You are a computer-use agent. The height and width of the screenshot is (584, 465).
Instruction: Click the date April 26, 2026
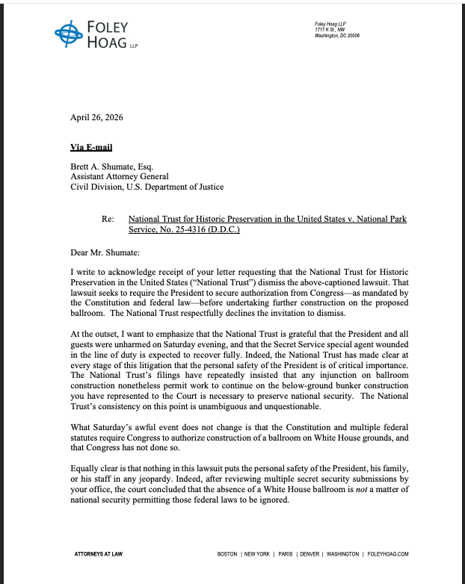[x=96, y=117]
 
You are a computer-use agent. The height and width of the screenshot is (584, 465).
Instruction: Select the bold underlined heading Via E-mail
[x=91, y=148]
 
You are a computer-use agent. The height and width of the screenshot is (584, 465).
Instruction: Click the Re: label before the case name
[x=108, y=220]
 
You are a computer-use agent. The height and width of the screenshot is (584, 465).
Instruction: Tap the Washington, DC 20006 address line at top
[x=337, y=36]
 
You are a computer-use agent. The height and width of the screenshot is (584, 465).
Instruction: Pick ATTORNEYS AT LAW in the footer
[x=97, y=554]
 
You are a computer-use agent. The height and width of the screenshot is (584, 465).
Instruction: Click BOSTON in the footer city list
[x=227, y=554]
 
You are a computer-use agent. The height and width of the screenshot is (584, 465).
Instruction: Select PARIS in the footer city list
[x=286, y=554]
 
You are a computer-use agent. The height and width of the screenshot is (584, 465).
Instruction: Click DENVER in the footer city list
[x=310, y=554]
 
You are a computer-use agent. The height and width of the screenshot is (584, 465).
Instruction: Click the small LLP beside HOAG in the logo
[x=134, y=46]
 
